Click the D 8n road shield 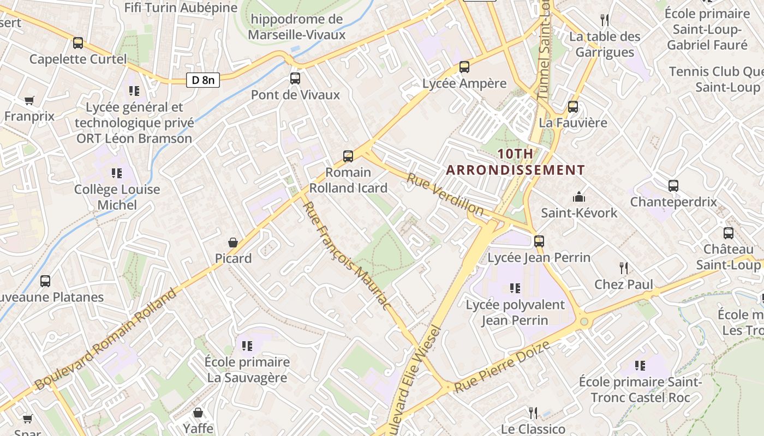[203, 80]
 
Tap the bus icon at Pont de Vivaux [295, 78]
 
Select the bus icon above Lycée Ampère [464, 67]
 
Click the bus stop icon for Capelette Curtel [78, 43]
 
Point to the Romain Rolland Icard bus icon [348, 156]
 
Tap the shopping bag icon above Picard [233, 242]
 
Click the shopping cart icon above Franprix [29, 100]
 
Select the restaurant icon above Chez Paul [623, 268]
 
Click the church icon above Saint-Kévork [579, 196]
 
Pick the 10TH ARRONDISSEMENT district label [515, 162]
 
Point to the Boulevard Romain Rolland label [106, 339]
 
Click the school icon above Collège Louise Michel [117, 173]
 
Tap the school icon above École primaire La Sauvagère [247, 346]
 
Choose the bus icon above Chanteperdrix [673, 185]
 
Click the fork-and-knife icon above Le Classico [533, 413]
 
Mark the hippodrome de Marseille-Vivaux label [297, 27]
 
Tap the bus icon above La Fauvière [573, 106]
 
